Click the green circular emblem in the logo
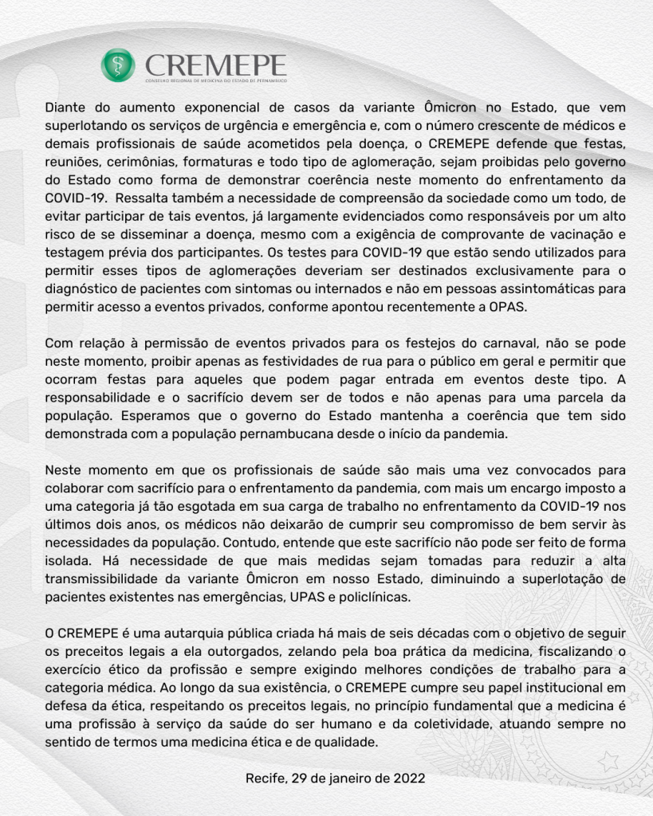click(118, 65)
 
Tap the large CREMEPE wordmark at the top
click(216, 63)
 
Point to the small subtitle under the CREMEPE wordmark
click(215, 81)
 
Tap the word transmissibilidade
click(106, 579)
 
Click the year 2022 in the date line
click(407, 777)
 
